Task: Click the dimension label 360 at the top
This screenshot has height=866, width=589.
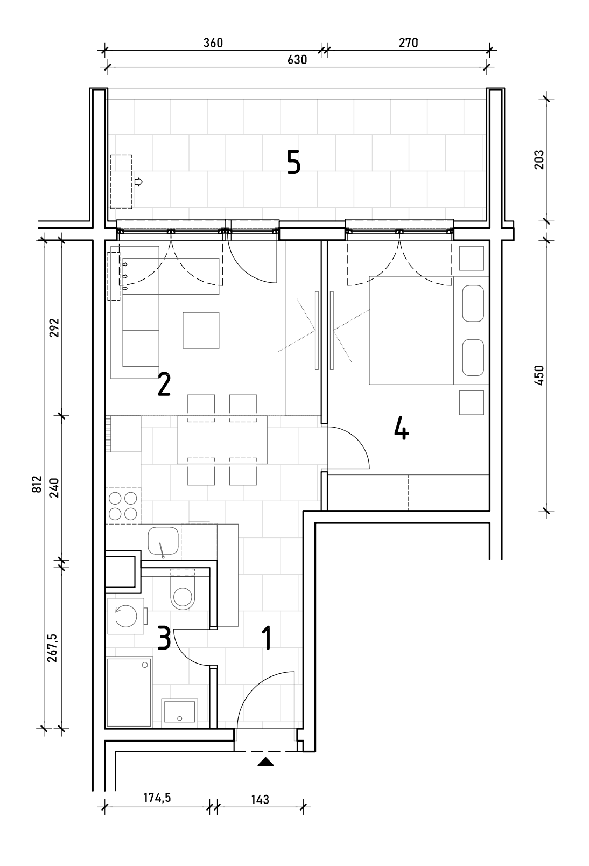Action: (213, 43)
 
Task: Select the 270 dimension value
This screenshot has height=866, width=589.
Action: (408, 43)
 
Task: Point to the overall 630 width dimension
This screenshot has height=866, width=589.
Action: (297, 60)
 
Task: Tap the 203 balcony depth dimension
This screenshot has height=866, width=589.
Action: (539, 159)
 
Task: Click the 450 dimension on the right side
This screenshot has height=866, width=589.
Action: (539, 375)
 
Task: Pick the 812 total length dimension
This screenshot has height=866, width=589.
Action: (37, 484)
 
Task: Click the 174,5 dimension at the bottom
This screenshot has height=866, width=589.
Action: (157, 797)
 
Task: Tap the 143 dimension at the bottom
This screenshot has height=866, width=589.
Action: (260, 799)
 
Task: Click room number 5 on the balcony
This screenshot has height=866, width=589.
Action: (294, 163)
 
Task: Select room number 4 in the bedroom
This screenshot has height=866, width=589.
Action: (402, 429)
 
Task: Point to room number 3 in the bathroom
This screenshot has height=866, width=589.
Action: (164, 638)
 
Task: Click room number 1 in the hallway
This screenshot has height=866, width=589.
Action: (267, 638)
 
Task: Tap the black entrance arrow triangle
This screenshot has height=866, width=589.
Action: (265, 758)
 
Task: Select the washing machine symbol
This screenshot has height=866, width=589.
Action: (126, 616)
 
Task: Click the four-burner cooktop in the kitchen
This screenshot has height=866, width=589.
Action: (123, 506)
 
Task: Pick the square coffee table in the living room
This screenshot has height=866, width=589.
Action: (201, 331)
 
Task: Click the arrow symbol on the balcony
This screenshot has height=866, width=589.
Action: (138, 181)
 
